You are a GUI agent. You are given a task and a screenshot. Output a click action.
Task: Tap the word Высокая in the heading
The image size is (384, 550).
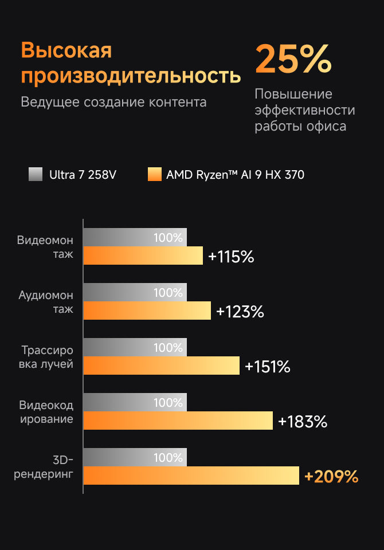pyautogui.click(x=66, y=51)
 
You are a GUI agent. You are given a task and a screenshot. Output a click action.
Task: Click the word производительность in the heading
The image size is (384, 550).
pyautogui.click(x=131, y=76)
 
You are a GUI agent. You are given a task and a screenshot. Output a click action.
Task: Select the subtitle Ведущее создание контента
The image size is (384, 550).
pyautogui.click(x=113, y=103)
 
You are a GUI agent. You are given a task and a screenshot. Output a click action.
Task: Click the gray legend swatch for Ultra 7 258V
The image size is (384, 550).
pyautogui.click(x=36, y=174)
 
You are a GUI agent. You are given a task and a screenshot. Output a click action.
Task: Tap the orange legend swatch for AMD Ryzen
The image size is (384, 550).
pyautogui.click(x=154, y=174)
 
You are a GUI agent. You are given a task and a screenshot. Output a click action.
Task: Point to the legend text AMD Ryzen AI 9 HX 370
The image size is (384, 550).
pyautogui.click(x=235, y=175)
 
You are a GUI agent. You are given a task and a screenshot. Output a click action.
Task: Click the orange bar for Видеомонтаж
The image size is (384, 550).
pyautogui.click(x=143, y=256)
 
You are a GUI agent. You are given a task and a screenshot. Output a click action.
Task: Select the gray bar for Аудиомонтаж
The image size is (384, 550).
pyautogui.click(x=135, y=292)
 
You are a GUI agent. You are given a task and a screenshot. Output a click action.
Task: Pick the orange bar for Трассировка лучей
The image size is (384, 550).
pyautogui.click(x=161, y=366)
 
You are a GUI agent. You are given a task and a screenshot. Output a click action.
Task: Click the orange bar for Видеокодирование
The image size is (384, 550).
pyautogui.click(x=178, y=421)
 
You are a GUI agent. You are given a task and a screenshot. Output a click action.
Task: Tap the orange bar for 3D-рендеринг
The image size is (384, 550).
pyautogui.click(x=191, y=476)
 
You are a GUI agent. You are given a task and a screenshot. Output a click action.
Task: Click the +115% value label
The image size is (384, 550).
pyautogui.click(x=231, y=257)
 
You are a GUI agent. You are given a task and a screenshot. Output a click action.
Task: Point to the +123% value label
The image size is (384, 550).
pyautogui.click(x=240, y=312)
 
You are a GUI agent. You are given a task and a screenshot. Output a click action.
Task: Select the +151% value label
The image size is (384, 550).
pyautogui.click(x=268, y=367)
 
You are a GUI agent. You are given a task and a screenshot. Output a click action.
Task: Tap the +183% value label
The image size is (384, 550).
pyautogui.click(x=302, y=422)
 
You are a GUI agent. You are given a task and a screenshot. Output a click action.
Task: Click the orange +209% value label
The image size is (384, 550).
pyautogui.click(x=331, y=477)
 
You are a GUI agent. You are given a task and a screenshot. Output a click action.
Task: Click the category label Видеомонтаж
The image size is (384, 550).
pyautogui.click(x=45, y=247)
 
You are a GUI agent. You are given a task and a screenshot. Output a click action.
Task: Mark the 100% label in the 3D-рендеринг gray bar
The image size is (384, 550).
pyautogui.click(x=168, y=458)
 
